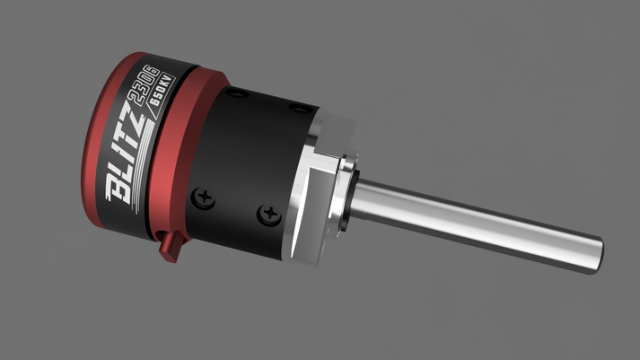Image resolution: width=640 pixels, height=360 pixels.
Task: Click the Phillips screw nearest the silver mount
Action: point(267,213)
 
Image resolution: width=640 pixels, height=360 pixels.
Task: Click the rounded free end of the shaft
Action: point(594,255)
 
